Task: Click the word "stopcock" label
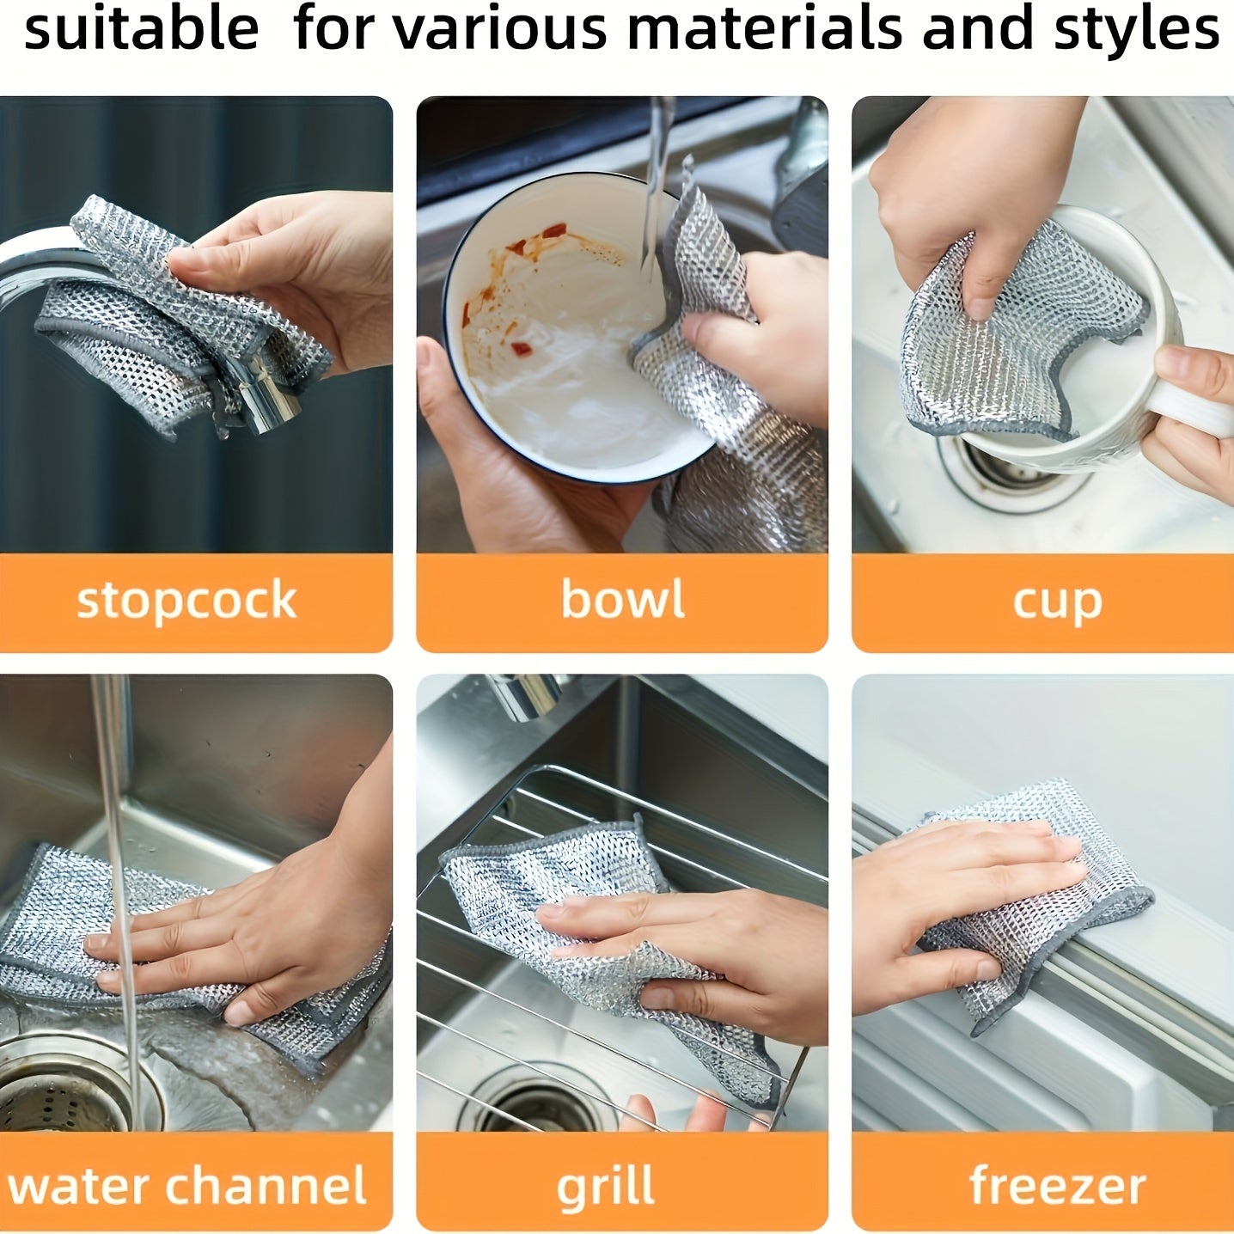pyautogui.click(x=186, y=601)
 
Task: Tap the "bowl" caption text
pyautogui.click(x=623, y=599)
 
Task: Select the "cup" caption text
pyautogui.click(x=1057, y=602)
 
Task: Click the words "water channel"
pyautogui.click(x=187, y=1187)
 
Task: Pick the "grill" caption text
pyautogui.click(x=606, y=1188)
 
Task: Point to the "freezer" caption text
pyautogui.click(x=1057, y=1187)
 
